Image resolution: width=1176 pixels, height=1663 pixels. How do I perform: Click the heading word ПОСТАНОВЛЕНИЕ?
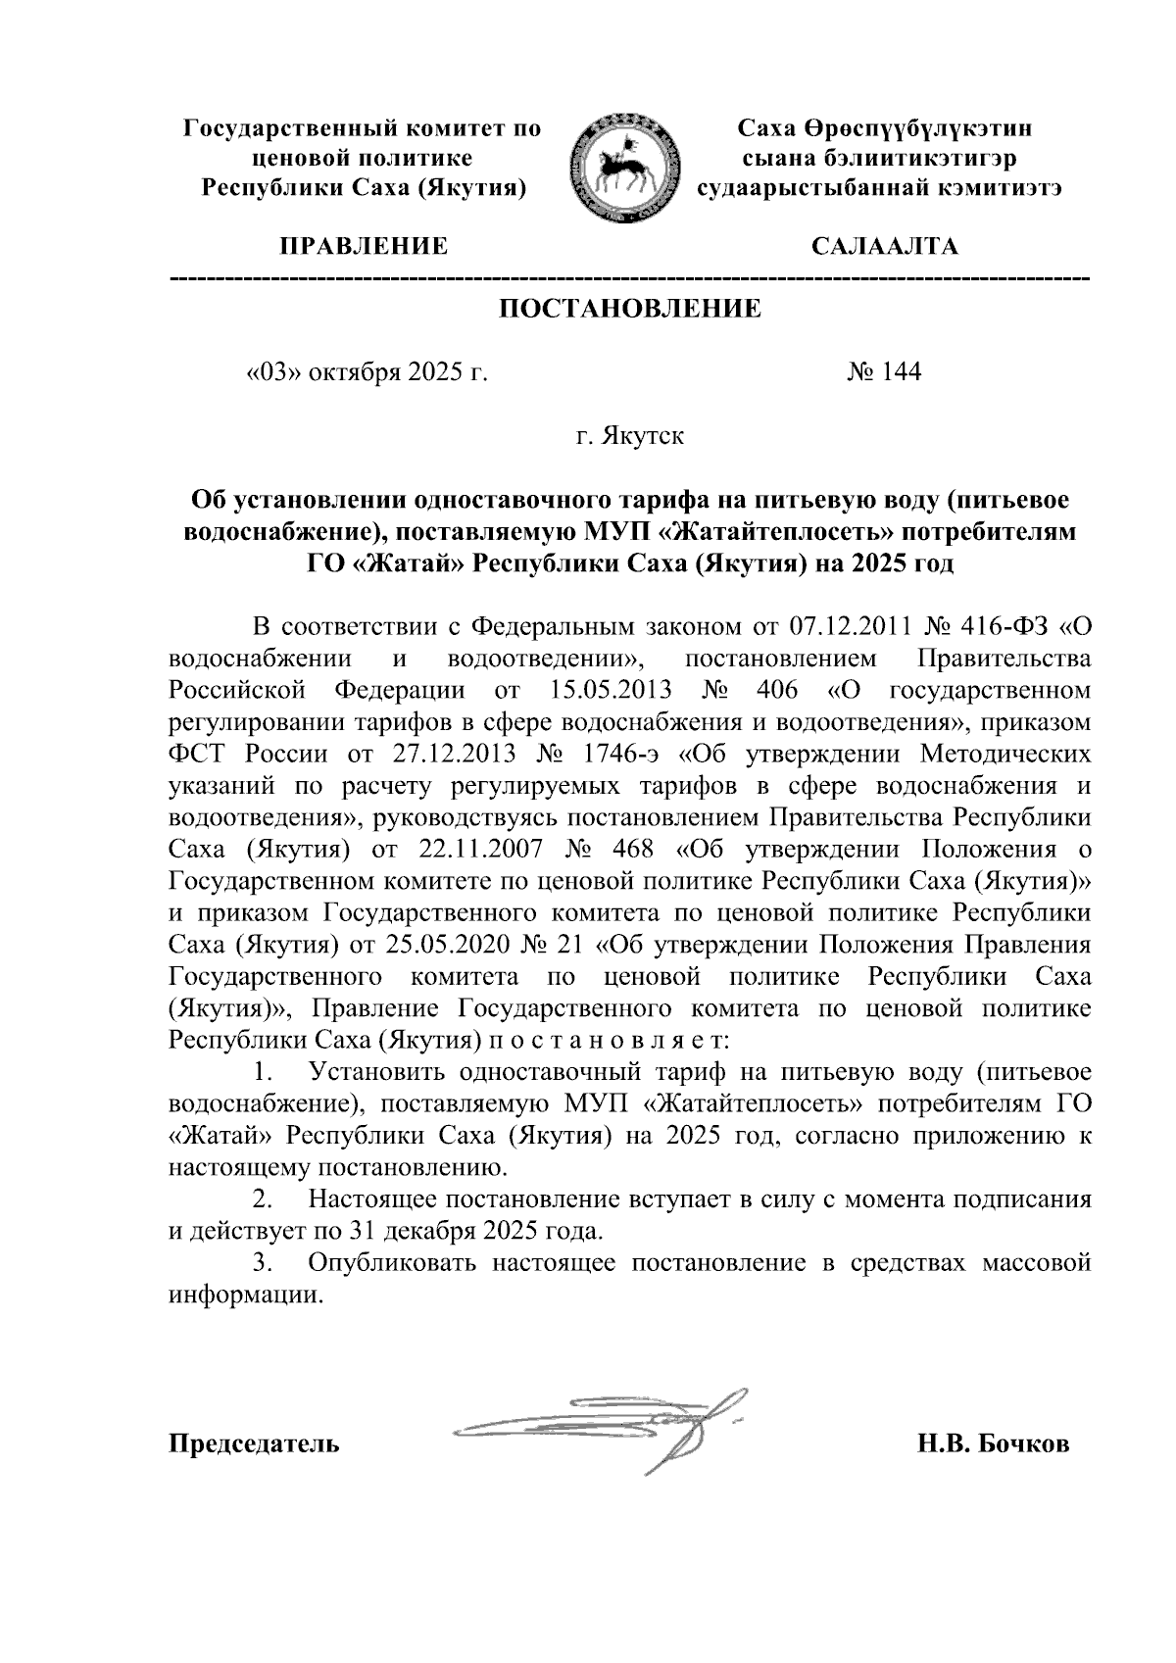click(630, 310)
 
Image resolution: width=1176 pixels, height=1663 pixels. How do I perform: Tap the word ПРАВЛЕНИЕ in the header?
click(365, 246)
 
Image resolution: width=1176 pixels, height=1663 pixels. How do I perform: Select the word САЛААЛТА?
click(886, 246)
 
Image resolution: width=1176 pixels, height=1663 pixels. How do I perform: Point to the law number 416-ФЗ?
click(997, 626)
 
